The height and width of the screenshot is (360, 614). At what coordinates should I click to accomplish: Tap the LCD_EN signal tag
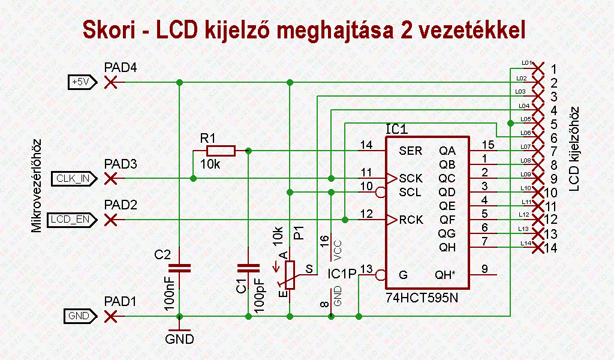tap(70, 220)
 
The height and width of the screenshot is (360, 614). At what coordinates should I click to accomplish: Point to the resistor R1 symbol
tap(220, 151)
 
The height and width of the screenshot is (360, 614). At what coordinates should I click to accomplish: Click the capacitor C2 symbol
tap(178, 267)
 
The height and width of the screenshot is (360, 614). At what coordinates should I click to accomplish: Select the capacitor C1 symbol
tap(247, 267)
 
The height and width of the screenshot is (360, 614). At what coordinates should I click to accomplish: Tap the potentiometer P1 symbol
tap(290, 275)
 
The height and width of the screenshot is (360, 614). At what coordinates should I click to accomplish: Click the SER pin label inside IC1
tap(410, 151)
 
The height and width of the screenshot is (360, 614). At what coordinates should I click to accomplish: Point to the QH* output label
tap(444, 275)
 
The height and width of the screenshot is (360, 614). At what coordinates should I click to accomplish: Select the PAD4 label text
tap(120, 67)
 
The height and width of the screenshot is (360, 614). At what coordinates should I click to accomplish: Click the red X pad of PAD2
tap(110, 220)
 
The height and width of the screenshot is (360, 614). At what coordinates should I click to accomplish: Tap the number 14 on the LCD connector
tap(552, 248)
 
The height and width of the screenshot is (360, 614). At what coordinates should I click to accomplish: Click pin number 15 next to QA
tap(487, 144)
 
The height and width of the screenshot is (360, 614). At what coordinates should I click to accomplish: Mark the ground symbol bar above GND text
tap(178, 329)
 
